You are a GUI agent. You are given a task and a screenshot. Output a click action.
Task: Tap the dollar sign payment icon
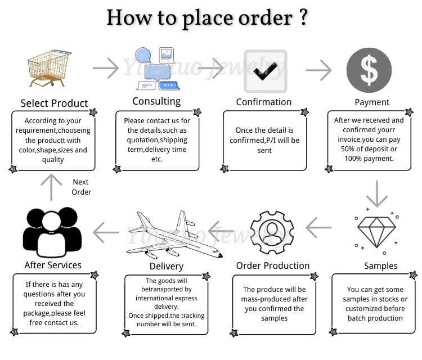click(369, 70)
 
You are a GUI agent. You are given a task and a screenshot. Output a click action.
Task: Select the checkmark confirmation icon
click(265, 71)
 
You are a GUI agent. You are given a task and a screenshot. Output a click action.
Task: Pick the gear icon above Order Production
click(272, 230)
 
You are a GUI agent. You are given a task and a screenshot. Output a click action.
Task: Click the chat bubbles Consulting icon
click(157, 69)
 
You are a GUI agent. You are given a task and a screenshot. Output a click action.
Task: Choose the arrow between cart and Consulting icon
click(106, 69)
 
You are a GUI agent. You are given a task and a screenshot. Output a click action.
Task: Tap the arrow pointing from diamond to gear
click(318, 228)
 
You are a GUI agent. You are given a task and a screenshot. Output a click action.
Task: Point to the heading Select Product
click(55, 103)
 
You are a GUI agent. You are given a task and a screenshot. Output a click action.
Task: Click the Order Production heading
click(273, 265)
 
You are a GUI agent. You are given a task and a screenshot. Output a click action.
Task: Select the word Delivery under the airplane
click(167, 266)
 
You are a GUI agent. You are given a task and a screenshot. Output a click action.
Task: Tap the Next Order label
click(81, 187)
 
